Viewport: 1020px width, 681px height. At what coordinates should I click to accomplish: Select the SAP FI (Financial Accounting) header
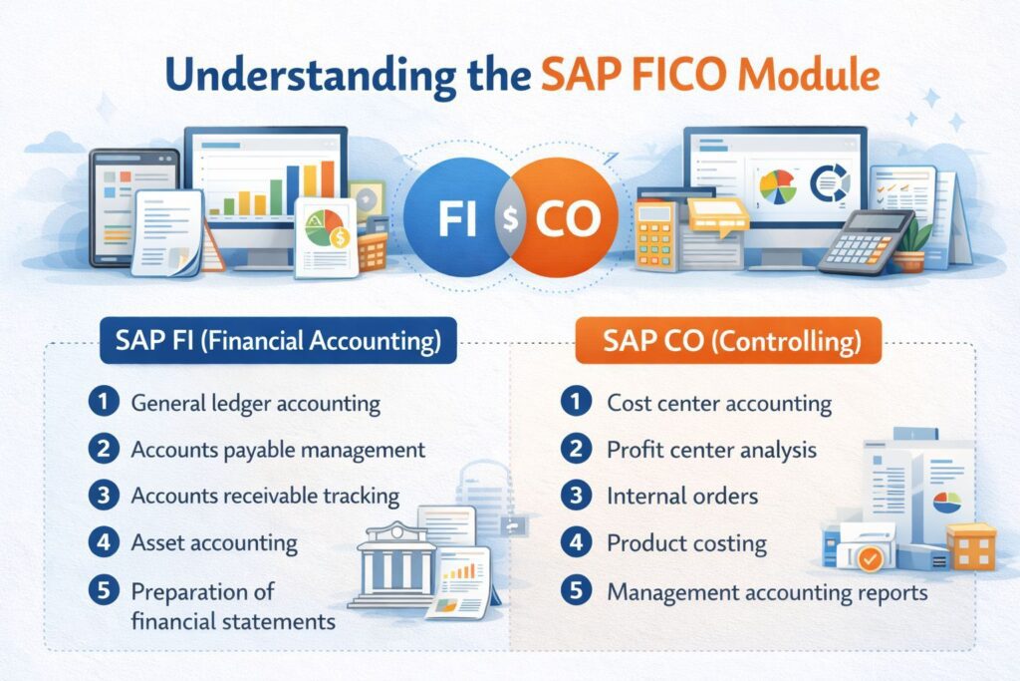click(271, 342)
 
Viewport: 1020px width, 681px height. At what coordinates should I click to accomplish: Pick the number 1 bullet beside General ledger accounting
click(102, 404)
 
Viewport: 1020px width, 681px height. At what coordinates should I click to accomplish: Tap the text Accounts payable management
click(278, 450)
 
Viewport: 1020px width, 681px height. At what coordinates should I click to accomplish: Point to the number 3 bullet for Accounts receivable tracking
click(102, 496)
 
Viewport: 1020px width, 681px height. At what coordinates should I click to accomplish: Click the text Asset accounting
click(214, 543)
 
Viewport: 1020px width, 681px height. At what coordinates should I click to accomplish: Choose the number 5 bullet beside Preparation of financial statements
click(102, 590)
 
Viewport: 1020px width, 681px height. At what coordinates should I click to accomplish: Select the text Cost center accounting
click(718, 404)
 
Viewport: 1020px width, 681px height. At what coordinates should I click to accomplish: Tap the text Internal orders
click(682, 496)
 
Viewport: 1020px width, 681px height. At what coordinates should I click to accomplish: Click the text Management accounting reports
click(767, 592)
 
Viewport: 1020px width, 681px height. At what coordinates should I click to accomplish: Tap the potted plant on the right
click(911, 245)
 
